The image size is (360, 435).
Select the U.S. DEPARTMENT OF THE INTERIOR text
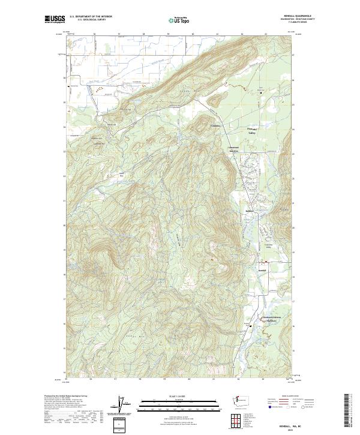tap(91, 17)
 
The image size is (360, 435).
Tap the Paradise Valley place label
tap(252, 130)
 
